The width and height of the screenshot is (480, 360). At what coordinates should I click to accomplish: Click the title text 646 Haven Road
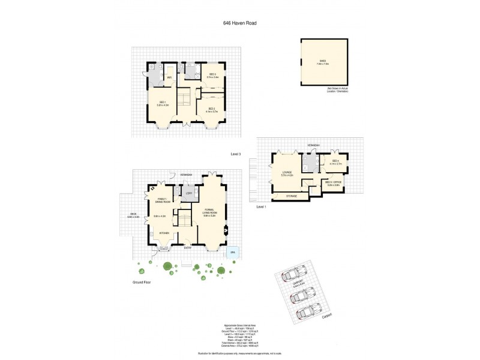click(239, 24)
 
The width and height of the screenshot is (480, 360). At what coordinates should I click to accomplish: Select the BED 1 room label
click(162, 103)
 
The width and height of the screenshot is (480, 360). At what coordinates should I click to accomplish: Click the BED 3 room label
click(212, 75)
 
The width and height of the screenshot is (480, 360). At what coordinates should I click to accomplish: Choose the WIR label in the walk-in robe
click(170, 77)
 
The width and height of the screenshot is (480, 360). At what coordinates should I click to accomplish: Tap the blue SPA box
click(232, 253)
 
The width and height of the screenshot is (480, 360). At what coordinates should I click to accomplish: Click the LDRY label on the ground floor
click(189, 193)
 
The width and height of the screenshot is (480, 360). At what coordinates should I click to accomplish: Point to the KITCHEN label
click(164, 233)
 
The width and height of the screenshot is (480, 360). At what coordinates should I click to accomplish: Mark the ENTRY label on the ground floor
click(188, 247)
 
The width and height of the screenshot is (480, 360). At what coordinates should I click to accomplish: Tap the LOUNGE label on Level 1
click(287, 173)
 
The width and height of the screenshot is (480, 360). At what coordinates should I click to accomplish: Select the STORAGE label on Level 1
click(292, 196)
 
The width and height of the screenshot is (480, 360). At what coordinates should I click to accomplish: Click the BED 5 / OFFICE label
click(334, 183)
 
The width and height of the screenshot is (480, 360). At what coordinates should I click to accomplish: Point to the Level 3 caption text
click(235, 154)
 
